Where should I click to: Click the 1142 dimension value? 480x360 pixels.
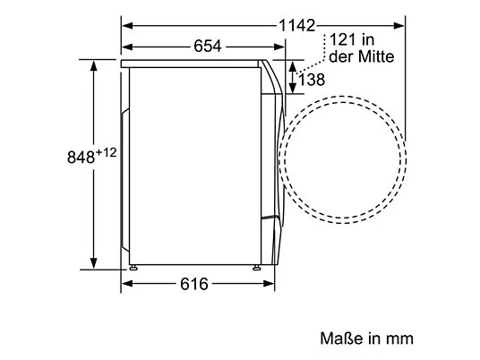coord(296,26)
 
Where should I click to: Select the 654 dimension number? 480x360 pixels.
coord(207,47)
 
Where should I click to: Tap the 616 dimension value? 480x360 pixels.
coord(194,284)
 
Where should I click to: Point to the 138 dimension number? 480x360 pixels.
coord(312,80)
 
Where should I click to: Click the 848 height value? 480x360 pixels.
coord(81,158)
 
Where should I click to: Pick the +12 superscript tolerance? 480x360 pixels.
coord(107,152)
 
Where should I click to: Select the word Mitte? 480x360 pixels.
coord(376,56)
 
